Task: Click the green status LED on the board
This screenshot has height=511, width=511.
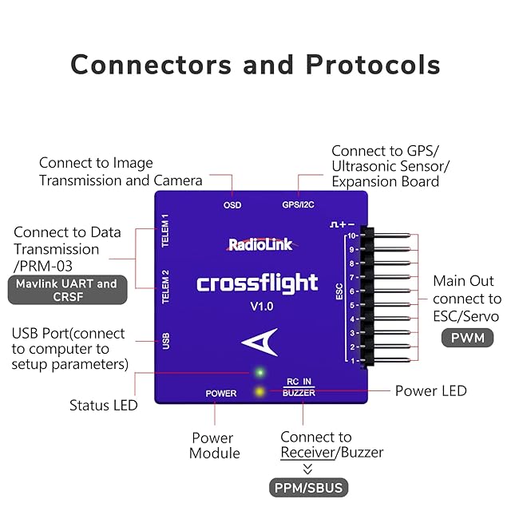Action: click(259, 372)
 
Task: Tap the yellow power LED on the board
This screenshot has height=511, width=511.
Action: click(259, 391)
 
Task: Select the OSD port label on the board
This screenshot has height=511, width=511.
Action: click(232, 205)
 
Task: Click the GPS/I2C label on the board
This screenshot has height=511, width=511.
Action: click(299, 205)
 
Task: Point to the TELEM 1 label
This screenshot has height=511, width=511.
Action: click(166, 231)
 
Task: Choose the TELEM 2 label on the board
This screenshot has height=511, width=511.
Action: click(166, 287)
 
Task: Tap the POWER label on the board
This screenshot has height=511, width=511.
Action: click(221, 394)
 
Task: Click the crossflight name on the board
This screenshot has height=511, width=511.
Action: click(257, 283)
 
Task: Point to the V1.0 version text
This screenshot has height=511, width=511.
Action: click(257, 307)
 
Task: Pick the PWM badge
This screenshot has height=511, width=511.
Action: click(468, 339)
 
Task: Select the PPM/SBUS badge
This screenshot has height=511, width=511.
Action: click(307, 487)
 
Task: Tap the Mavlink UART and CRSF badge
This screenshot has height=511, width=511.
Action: click(67, 291)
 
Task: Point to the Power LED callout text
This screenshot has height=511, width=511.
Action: click(431, 391)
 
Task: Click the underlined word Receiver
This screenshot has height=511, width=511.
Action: click(307, 453)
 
